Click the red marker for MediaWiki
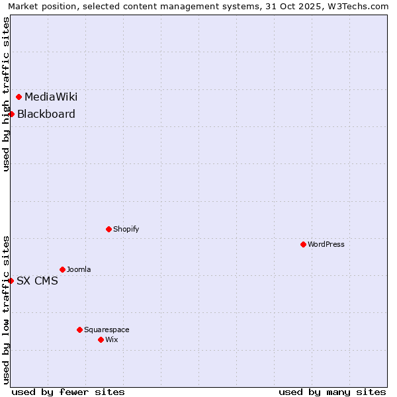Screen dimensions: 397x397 pyautogui.click(x=19, y=97)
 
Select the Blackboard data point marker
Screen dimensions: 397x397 pyautogui.click(x=11, y=114)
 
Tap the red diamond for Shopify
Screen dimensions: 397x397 pyautogui.click(x=109, y=230)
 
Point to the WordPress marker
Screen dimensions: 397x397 pyautogui.click(x=303, y=245)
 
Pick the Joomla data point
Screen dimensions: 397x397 pyautogui.click(x=62, y=270)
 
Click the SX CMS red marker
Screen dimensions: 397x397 pyautogui.click(x=11, y=281)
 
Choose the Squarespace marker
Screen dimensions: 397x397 pyautogui.click(x=79, y=330)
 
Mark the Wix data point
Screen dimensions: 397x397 pyautogui.click(x=101, y=340)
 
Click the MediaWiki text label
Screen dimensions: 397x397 pyautogui.click(x=51, y=97)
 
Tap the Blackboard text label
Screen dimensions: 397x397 pyautogui.click(x=46, y=114)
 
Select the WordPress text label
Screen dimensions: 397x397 pyautogui.click(x=326, y=245)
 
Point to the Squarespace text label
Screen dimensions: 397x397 pyautogui.click(x=107, y=330)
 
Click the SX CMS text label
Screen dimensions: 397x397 pyautogui.click(x=37, y=281)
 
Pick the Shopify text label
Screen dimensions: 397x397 pyautogui.click(x=126, y=230)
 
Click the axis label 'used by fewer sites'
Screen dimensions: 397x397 pyautogui.click(x=68, y=392)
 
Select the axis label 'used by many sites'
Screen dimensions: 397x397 pyautogui.click(x=332, y=392)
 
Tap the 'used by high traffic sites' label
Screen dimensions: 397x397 pyautogui.click(x=6, y=94)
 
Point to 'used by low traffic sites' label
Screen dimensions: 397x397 pyautogui.click(x=6, y=310)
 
